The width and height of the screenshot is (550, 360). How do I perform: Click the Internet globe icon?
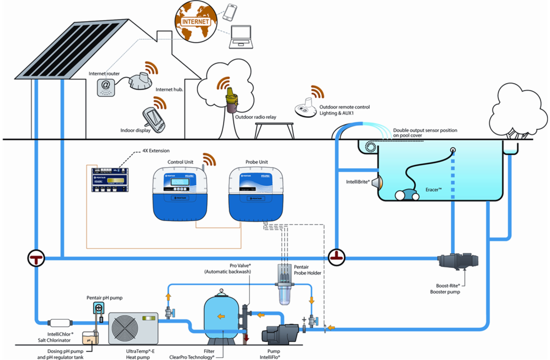195,21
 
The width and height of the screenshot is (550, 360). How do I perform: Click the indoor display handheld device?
152,120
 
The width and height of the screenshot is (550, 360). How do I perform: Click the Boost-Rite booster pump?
457,261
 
